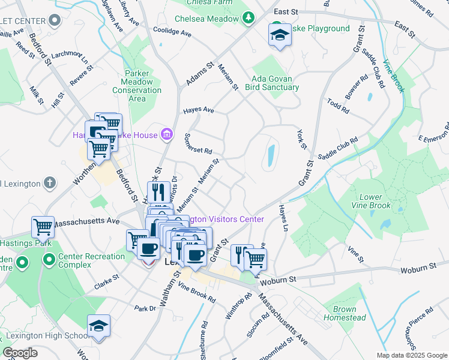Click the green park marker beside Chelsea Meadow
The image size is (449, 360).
(248, 19)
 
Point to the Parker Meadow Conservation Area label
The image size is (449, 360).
(141, 86)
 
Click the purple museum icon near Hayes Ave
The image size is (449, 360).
(168, 133)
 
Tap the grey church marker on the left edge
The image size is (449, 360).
(50, 182)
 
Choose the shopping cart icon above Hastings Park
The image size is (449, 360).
(43, 227)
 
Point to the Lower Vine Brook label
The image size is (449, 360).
(375, 201)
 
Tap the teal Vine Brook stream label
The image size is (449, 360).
(394, 76)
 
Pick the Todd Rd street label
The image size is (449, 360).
(338, 106)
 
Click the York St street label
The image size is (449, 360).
(302, 139)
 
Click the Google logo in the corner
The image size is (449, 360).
(20, 353)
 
